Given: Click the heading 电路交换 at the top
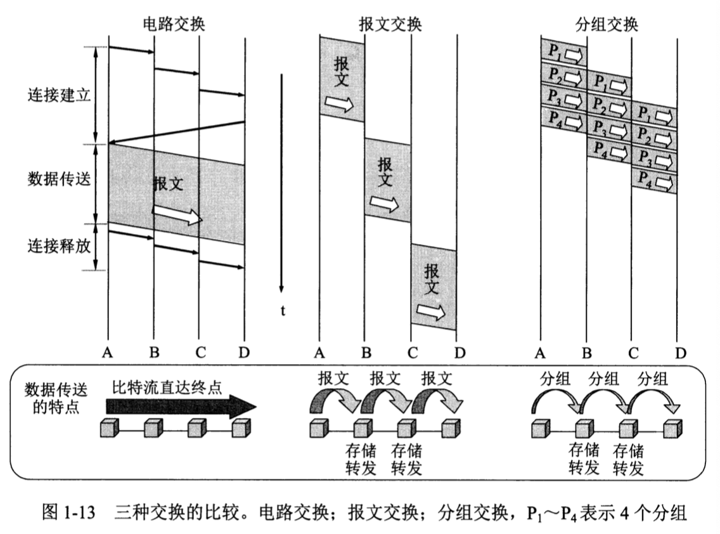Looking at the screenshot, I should point(174,25).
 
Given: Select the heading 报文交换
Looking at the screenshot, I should point(390,25).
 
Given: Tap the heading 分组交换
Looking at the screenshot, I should point(607,25).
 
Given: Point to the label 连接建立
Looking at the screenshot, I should point(59,96).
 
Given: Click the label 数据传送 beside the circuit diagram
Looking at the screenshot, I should point(59,179).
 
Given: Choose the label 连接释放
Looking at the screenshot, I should point(59,245).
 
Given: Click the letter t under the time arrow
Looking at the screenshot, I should point(283,310).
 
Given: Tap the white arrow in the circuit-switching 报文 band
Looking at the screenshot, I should point(177,215).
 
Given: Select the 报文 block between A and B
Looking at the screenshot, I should point(342,79).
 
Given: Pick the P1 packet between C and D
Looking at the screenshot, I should point(654,116).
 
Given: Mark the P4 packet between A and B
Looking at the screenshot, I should point(563,118).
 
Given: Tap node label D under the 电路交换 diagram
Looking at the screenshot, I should point(244,353).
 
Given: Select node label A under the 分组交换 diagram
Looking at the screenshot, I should point(541,353).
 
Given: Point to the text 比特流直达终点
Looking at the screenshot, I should point(167,387).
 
